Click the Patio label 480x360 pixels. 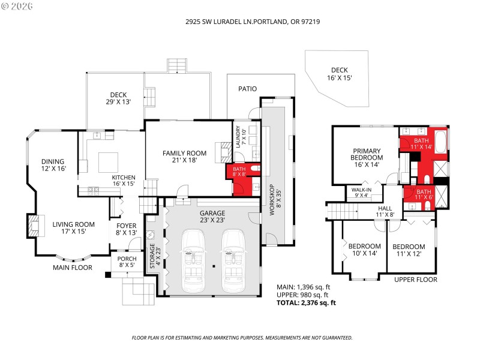[247, 89]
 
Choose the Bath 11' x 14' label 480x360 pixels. [421, 142]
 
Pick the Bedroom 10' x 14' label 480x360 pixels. [365, 250]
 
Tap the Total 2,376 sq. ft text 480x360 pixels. [306, 303]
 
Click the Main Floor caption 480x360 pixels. [72, 268]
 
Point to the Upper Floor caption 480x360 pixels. [416, 280]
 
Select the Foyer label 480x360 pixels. [127, 229]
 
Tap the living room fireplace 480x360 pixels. [33, 226]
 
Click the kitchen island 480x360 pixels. [109, 162]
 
